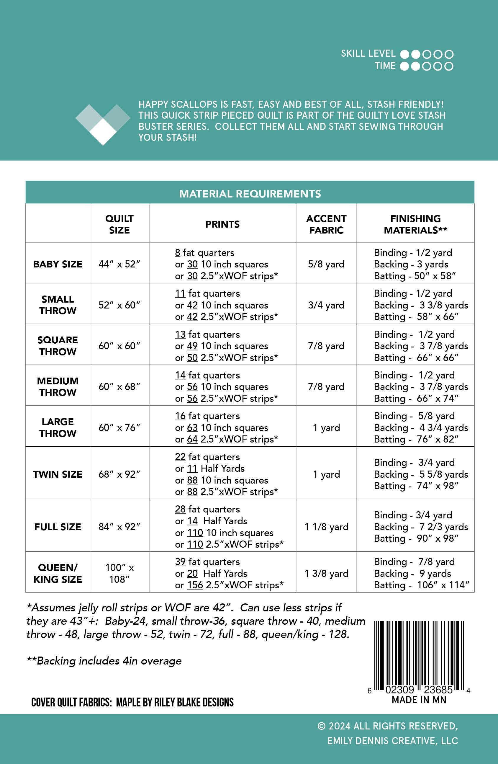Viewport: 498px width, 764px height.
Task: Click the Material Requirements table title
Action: pos(250,194)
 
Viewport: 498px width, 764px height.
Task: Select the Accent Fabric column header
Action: pos(326,224)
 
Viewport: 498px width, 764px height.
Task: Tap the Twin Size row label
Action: pos(58,474)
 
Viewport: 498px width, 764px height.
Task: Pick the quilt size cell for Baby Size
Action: pos(119,264)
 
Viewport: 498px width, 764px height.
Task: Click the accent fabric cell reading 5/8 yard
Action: pos(326,264)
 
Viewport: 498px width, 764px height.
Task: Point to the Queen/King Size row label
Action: pos(58,573)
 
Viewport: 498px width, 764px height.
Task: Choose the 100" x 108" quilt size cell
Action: pos(119,573)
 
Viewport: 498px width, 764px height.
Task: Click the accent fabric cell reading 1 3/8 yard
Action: pos(326,573)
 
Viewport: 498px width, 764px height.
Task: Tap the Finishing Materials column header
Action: pos(415,224)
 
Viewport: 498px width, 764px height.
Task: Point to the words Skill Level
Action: pos(368,53)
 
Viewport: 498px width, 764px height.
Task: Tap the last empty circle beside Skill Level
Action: pos(449,54)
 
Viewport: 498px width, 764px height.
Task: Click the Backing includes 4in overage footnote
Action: pos(104,661)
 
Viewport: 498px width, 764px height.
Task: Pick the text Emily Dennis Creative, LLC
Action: pos(392,741)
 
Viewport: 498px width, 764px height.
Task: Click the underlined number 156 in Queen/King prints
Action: pos(195,585)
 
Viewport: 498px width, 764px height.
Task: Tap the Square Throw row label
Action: pos(58,346)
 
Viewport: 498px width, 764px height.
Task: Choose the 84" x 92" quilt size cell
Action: pos(119,526)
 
